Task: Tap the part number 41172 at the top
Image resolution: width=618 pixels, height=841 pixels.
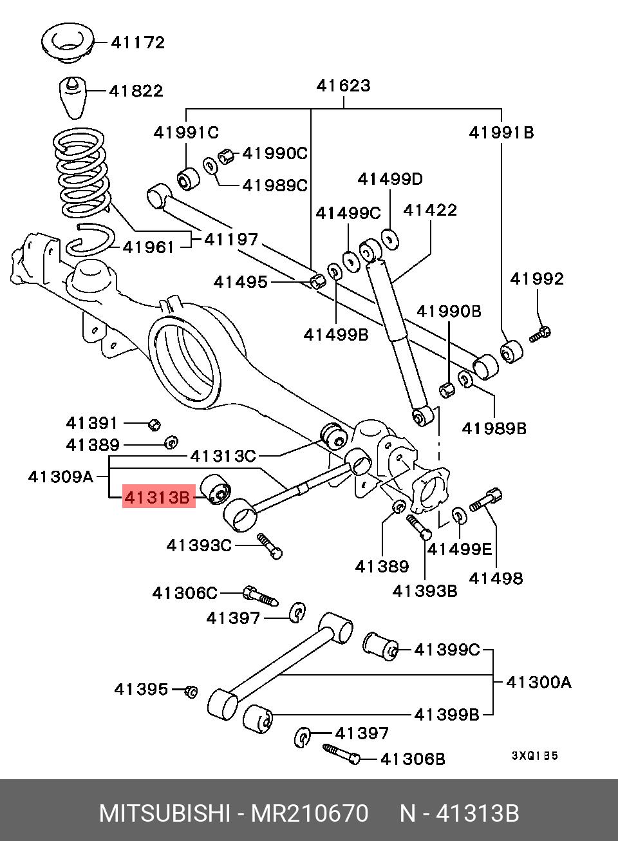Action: [138, 43]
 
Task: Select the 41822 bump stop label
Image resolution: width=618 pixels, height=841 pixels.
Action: [136, 91]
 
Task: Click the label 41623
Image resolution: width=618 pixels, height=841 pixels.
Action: [343, 85]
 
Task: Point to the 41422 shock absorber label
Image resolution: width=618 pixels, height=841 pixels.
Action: [430, 210]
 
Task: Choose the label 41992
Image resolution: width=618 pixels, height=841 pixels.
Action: [537, 278]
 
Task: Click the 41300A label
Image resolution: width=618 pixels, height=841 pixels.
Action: [538, 681]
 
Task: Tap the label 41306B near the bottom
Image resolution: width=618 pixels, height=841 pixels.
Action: [413, 759]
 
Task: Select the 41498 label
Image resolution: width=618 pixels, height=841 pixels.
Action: [496, 578]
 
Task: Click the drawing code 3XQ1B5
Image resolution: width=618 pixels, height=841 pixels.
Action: [534, 756]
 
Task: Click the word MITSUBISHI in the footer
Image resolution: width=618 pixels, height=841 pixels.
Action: [164, 813]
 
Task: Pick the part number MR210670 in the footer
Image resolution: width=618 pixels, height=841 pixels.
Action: [310, 813]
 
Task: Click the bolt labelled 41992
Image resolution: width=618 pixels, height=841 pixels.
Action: [540, 334]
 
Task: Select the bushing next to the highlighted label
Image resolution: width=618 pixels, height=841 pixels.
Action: [216, 489]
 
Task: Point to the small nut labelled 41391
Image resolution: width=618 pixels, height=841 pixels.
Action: [153, 424]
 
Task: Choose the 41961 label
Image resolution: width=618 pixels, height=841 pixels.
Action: [149, 247]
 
